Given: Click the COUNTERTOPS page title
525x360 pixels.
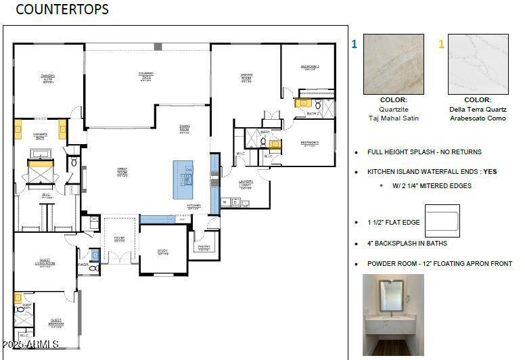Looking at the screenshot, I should click(62, 9).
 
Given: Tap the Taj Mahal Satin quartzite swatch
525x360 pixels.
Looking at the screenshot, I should click(393, 64).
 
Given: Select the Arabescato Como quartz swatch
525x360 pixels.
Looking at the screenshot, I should click(478, 64).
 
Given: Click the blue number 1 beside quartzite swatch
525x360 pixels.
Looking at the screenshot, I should click(354, 45).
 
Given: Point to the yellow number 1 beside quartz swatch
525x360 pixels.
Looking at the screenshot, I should click(441, 45).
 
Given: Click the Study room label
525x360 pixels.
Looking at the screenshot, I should click(162, 252).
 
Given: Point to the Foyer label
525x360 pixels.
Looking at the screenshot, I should click(119, 239).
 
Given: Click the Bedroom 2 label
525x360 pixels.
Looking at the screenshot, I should click(310, 67).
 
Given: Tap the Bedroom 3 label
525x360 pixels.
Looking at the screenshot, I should click(309, 143).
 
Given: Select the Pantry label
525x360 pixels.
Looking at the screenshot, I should click(204, 248).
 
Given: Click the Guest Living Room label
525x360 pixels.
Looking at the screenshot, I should click(45, 264).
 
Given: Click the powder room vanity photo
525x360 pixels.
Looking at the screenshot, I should click(393, 315).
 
